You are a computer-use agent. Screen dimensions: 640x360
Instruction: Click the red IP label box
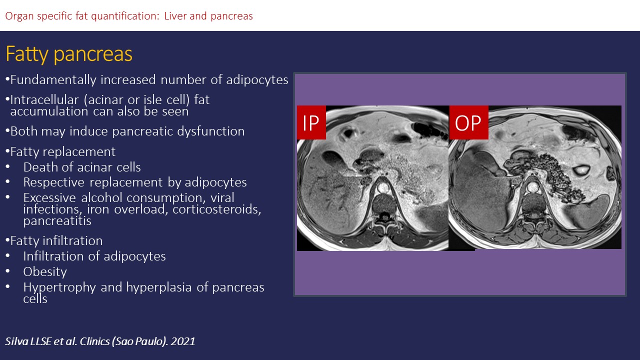click(311, 122)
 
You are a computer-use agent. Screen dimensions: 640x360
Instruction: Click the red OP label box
click(468, 122)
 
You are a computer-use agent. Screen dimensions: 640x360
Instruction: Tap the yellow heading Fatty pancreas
click(69, 54)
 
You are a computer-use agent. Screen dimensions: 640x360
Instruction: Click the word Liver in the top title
click(175, 16)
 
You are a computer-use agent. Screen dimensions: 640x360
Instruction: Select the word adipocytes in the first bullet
click(257, 80)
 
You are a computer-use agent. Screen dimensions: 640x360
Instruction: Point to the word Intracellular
click(44, 99)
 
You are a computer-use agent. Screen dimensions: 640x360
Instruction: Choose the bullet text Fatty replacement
click(63, 151)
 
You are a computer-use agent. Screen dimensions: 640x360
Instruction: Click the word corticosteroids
click(217, 209)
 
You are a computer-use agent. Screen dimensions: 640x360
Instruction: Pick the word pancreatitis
click(57, 221)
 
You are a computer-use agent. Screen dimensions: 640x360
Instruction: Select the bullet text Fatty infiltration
click(56, 240)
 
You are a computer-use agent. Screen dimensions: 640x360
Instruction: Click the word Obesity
click(45, 271)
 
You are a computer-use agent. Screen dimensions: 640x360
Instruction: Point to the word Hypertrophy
click(59, 287)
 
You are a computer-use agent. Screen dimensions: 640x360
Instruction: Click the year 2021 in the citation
click(183, 341)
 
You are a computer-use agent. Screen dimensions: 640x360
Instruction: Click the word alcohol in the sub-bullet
click(102, 197)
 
